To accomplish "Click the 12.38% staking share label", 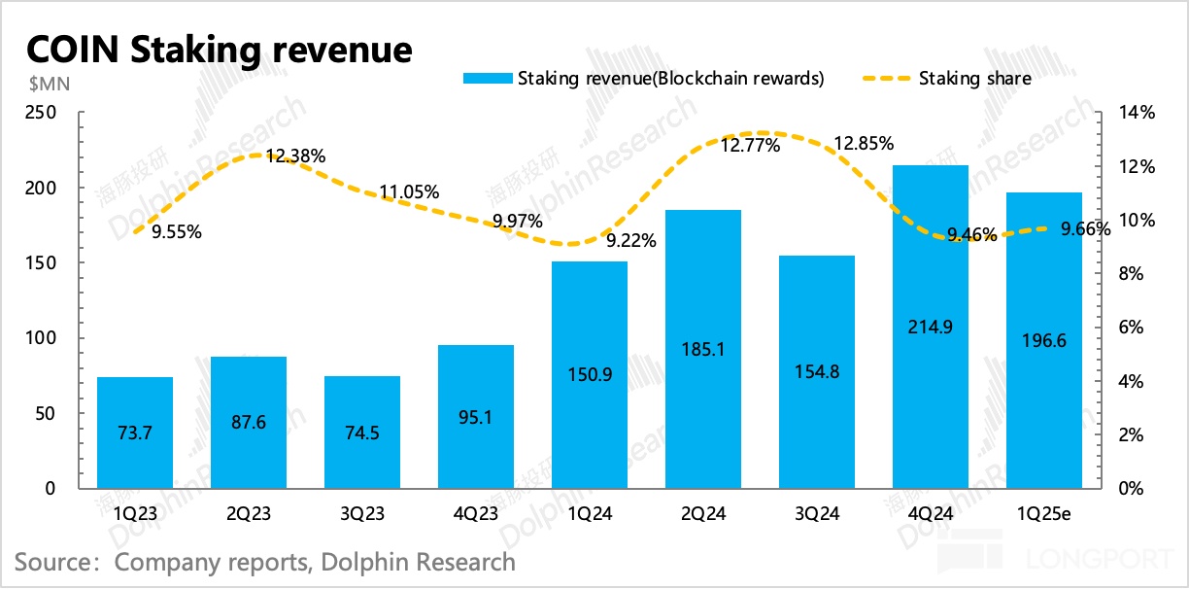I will click(294, 156).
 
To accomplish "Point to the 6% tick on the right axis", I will click(1135, 328).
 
